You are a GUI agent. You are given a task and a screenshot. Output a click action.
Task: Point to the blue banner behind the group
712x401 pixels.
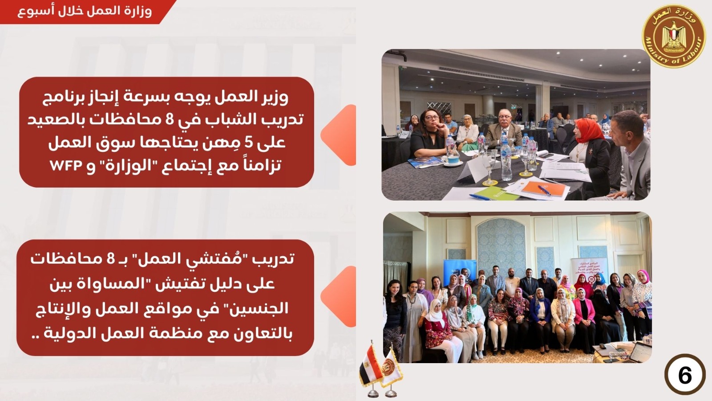click(x=458, y=270)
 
